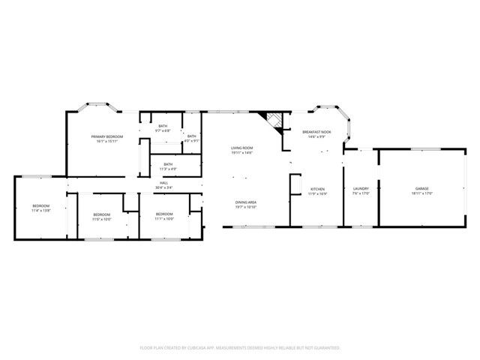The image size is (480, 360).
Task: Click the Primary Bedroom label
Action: coord(108,136)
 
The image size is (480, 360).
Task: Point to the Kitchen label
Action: coord(317,188)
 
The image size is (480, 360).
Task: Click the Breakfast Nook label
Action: coord(317,132)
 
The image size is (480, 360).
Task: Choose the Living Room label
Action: coord(241,148)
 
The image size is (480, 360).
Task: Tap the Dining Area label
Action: coord(247,202)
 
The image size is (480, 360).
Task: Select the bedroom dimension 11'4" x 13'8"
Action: coord(40,211)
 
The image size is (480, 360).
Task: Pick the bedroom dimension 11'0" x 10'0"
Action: coord(101,219)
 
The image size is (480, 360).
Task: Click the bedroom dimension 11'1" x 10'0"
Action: coord(164,219)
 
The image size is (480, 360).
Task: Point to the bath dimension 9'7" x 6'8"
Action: coord(163,130)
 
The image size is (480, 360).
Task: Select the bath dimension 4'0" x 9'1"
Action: coord(191,140)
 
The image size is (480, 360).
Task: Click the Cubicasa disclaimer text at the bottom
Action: coord(240,348)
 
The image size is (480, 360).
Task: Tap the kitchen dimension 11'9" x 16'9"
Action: coord(317,193)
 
